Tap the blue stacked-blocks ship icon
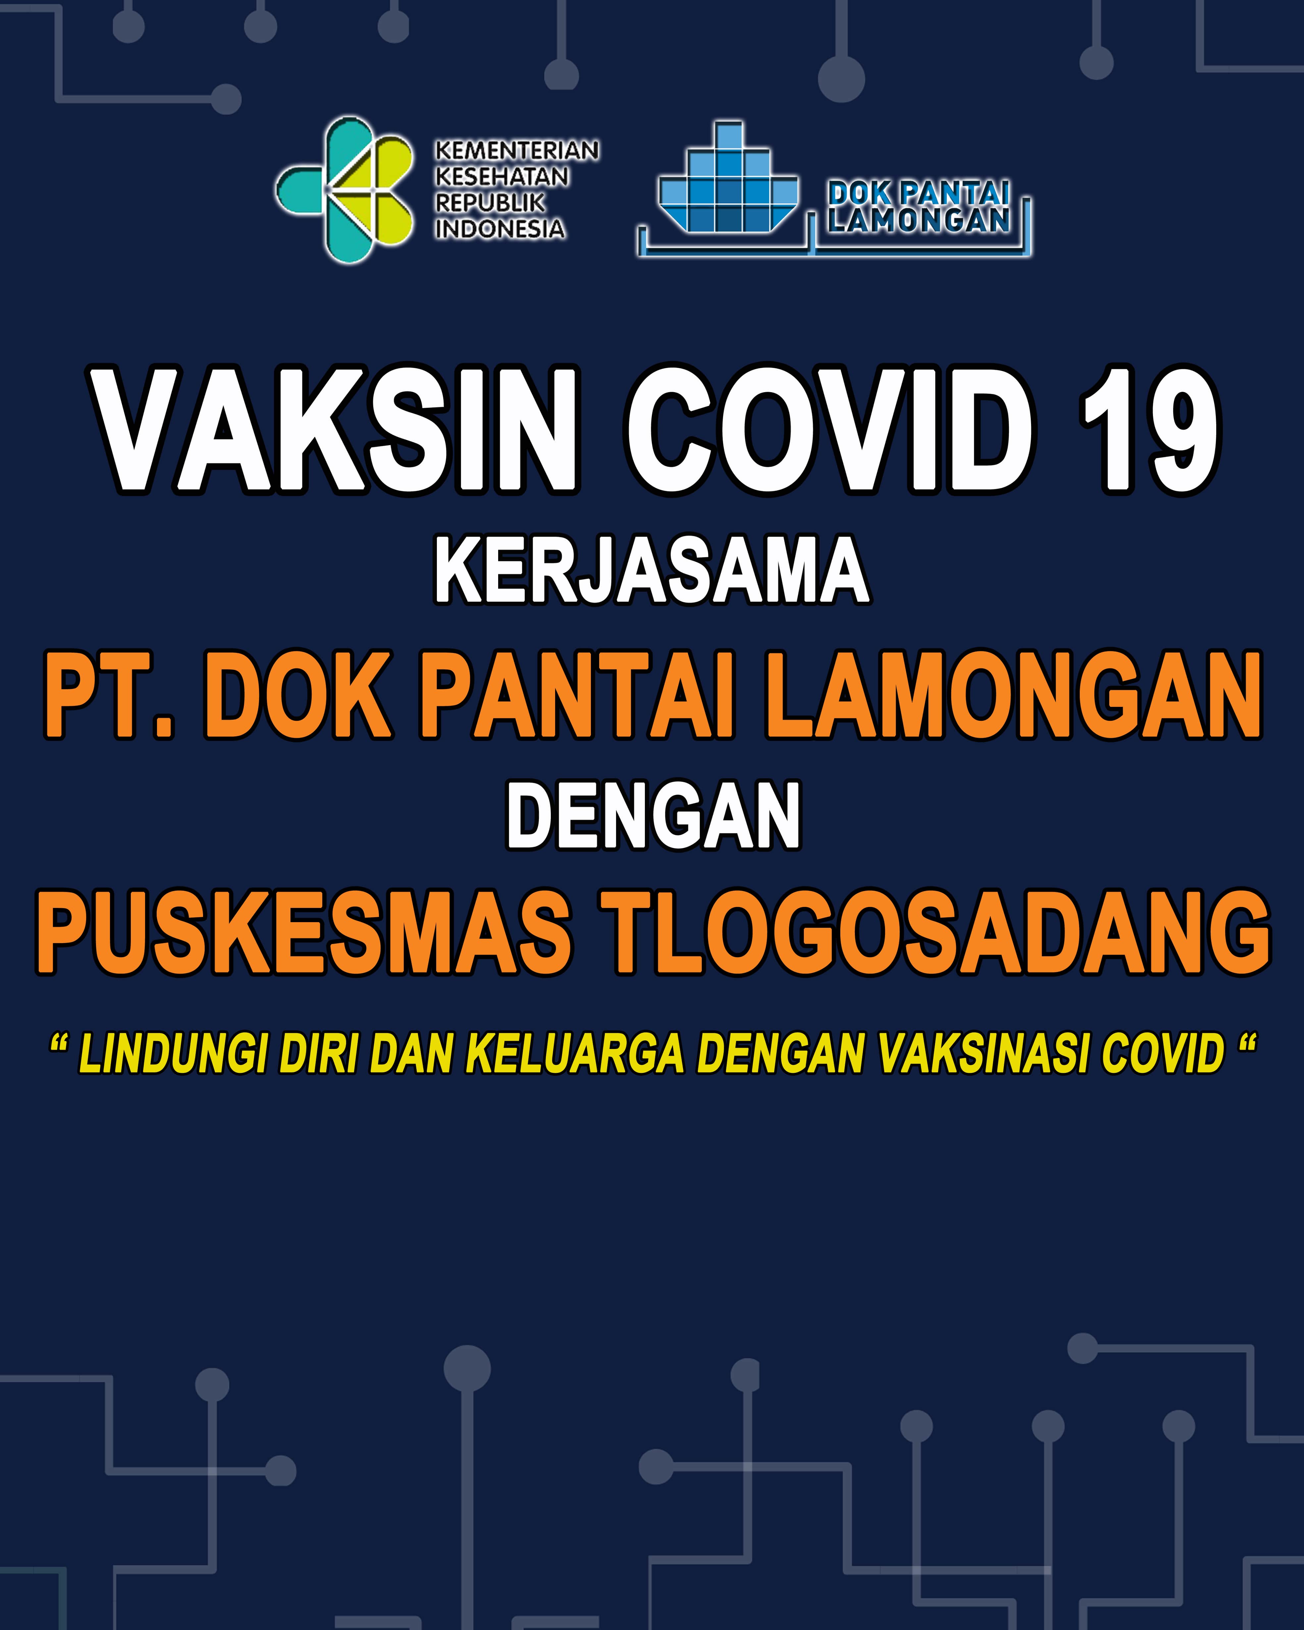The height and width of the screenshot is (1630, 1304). point(728,178)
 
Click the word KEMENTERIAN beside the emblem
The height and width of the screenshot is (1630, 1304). point(516,150)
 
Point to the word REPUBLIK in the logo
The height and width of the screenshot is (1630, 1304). point(490,203)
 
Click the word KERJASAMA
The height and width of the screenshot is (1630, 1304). point(652,571)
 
